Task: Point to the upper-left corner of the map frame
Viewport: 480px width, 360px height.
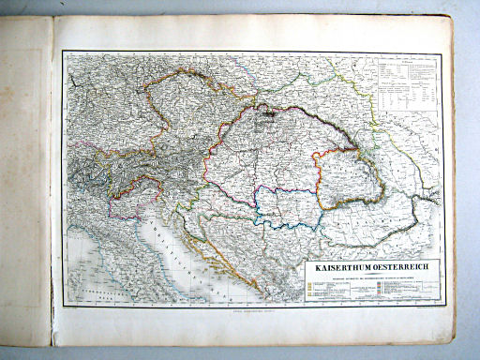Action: (64, 52)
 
